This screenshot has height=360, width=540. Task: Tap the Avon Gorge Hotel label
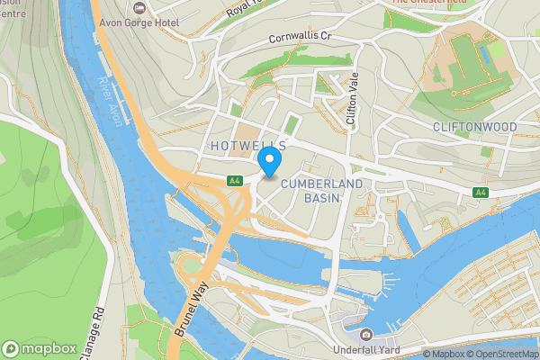[167, 22]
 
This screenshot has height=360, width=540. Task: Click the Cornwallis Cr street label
[301, 40]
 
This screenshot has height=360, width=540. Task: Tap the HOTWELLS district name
[247, 145]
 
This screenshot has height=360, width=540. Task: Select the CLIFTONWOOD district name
[474, 127]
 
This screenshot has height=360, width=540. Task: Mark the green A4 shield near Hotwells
[235, 181]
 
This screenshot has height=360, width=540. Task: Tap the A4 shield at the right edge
[481, 192]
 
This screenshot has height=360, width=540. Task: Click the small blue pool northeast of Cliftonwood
[487, 54]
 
